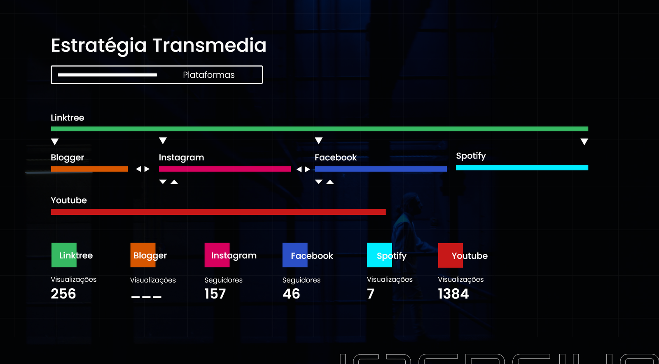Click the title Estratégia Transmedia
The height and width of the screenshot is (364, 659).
(x=159, y=45)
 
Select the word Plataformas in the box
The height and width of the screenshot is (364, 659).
(x=208, y=75)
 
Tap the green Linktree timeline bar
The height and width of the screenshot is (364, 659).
(x=319, y=129)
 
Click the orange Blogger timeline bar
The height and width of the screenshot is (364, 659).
(x=89, y=169)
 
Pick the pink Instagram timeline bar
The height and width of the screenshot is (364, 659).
(x=224, y=169)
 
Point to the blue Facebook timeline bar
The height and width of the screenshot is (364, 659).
(x=380, y=169)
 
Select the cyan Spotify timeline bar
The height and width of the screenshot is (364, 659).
(x=522, y=167)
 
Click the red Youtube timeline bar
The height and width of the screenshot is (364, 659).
(x=218, y=212)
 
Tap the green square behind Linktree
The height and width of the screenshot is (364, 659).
(x=64, y=255)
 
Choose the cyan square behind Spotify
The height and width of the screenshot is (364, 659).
(x=379, y=255)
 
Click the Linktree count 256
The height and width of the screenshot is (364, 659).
(x=63, y=294)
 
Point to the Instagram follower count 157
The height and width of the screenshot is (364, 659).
(x=215, y=294)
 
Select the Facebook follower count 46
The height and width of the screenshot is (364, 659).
(x=291, y=294)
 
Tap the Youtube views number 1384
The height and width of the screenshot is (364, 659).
(x=453, y=294)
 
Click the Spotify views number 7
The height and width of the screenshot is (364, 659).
(x=371, y=294)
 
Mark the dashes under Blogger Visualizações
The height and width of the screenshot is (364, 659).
(x=146, y=297)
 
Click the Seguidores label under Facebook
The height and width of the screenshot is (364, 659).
(x=301, y=280)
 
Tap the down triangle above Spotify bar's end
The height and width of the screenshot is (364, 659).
(x=584, y=142)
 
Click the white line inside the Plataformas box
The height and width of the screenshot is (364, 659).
(x=107, y=75)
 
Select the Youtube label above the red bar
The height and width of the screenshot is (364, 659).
(x=69, y=200)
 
